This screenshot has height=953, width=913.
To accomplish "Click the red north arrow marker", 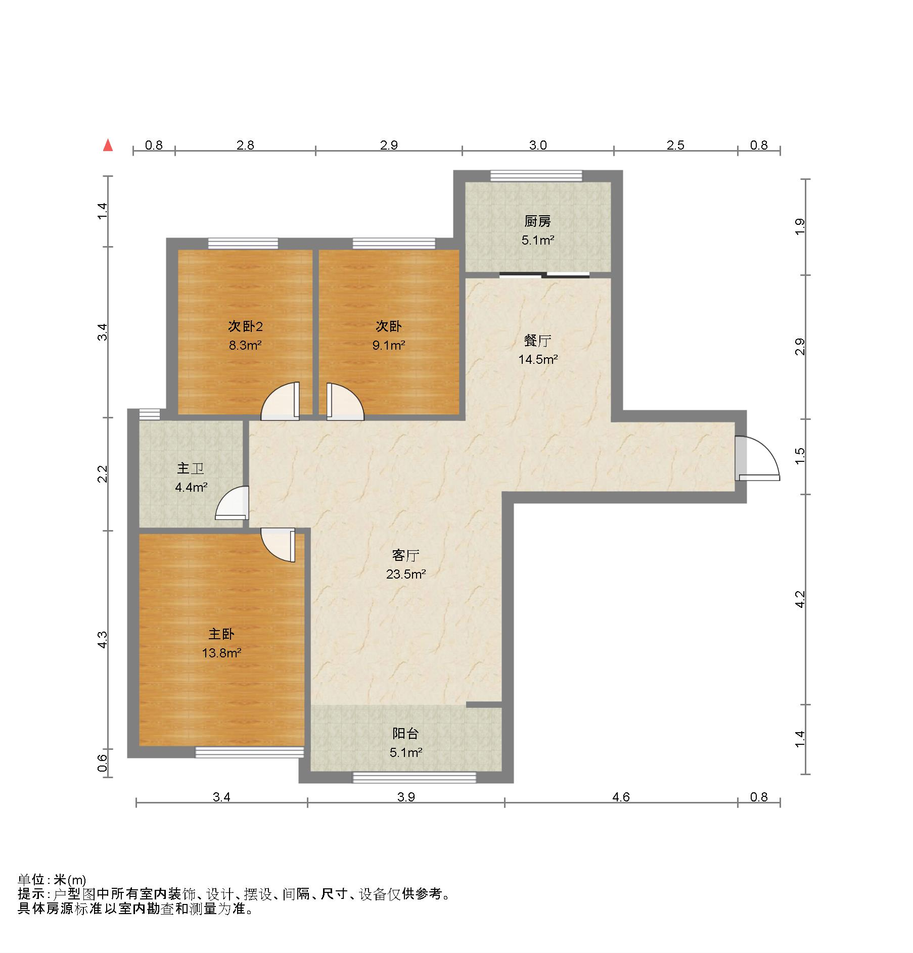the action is pyautogui.click(x=108, y=146).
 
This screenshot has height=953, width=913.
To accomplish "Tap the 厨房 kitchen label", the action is pyautogui.click(x=537, y=221).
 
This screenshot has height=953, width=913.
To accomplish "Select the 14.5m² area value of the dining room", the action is pyautogui.click(x=537, y=360).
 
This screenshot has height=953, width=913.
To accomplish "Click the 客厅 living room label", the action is pyautogui.click(x=405, y=555).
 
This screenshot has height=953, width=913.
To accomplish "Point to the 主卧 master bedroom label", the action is pyautogui.click(x=221, y=634).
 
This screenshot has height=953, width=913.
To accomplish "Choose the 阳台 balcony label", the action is pyautogui.click(x=405, y=733).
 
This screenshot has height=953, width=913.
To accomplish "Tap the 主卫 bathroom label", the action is pyautogui.click(x=190, y=468).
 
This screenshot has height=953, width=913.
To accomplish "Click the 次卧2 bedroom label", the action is pyautogui.click(x=245, y=326).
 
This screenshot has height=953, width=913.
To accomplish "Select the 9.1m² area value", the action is pyautogui.click(x=388, y=346).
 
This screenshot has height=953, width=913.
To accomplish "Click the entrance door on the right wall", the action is pyautogui.click(x=757, y=458).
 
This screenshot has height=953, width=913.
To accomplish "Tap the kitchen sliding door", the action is pyautogui.click(x=544, y=275).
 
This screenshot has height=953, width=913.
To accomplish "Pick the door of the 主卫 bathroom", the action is pyautogui.click(x=232, y=503).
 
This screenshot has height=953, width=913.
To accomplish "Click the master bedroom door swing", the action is pyautogui.click(x=278, y=545).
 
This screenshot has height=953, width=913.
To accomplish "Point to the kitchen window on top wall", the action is pyautogui.click(x=536, y=176).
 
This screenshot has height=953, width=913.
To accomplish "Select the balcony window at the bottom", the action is pyautogui.click(x=414, y=777).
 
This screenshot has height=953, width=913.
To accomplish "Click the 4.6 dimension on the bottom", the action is pyautogui.click(x=621, y=797).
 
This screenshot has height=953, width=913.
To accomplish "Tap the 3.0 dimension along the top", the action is pyautogui.click(x=538, y=146).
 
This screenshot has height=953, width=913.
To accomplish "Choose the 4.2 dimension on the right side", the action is pyautogui.click(x=799, y=599).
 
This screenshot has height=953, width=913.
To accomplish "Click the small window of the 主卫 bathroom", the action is pyautogui.click(x=149, y=414).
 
